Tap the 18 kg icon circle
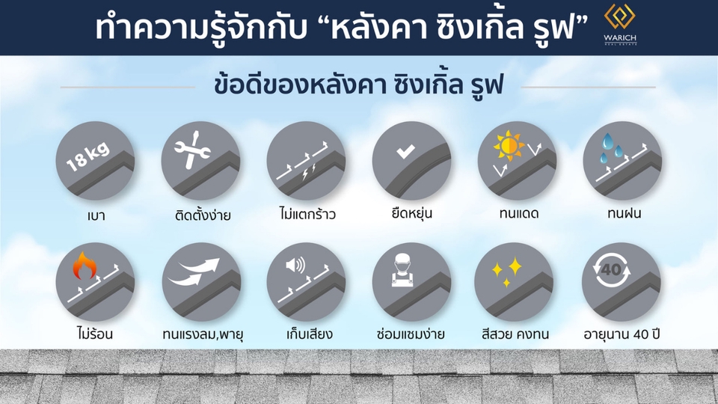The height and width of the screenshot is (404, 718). [95, 161]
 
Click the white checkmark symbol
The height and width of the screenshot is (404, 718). [405, 152]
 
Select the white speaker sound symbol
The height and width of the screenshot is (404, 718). [295, 265]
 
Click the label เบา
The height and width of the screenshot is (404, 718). [95, 215]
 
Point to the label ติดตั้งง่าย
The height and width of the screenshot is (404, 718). [200, 215]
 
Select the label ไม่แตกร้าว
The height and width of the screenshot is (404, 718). [304, 215]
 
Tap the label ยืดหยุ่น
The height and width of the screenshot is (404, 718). [411, 214]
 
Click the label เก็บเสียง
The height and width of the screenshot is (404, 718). [304, 334]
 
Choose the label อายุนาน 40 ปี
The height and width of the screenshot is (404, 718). [621, 334]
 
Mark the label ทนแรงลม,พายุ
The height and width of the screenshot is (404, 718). [202, 334]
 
